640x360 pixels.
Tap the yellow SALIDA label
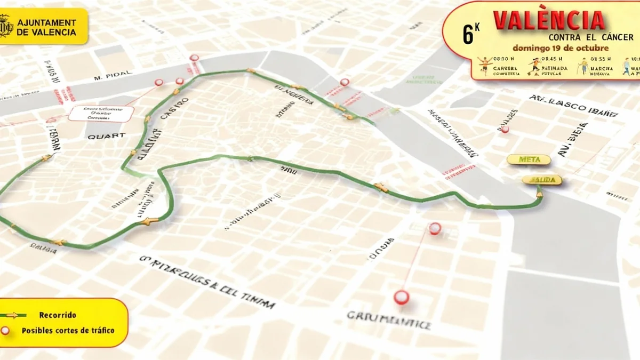coord(541,180)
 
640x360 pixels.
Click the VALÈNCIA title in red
coord(549,20)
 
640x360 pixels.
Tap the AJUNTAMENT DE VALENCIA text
coord(46,27)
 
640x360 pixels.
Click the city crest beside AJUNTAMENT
coord(7,27)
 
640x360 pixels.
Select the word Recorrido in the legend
coord(58,315)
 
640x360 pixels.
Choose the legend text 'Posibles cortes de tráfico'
coord(68,331)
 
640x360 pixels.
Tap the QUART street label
coord(106,136)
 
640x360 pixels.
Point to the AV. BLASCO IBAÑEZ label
coord(574,105)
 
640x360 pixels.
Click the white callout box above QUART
coord(101,113)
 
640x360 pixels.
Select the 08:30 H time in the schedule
coord(503,59)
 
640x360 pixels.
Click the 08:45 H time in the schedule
coord(551,59)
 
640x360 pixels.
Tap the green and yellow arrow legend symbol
coord(12,315)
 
